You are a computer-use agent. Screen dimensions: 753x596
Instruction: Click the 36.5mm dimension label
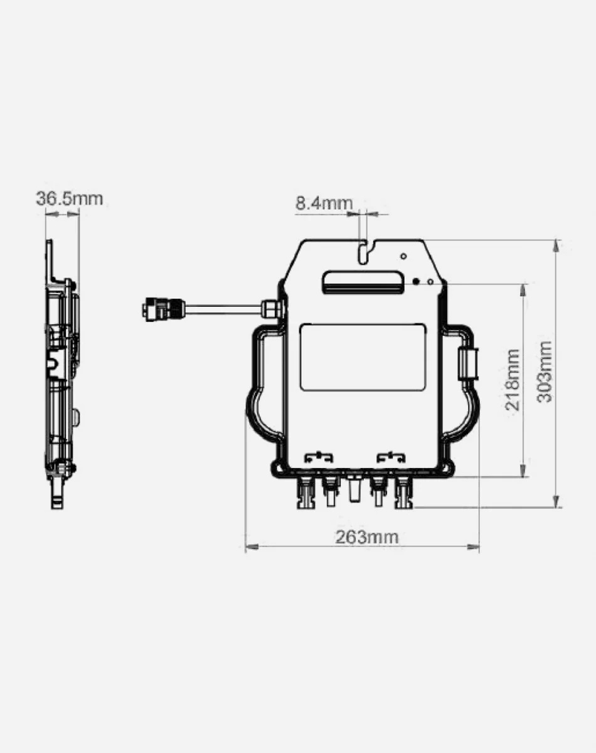point(69,199)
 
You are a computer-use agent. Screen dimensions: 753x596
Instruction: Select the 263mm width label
point(366,537)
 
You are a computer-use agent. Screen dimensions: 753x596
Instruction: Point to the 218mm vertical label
point(513,380)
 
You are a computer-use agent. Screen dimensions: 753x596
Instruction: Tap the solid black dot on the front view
point(415,282)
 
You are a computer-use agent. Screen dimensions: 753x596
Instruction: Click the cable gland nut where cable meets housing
point(270,309)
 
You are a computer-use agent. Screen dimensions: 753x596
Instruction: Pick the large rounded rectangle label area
point(362,357)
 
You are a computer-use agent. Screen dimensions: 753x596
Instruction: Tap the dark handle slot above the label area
point(362,281)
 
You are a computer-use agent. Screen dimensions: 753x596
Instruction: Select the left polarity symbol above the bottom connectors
point(318,457)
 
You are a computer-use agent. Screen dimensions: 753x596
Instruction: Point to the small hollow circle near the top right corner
point(403,256)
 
